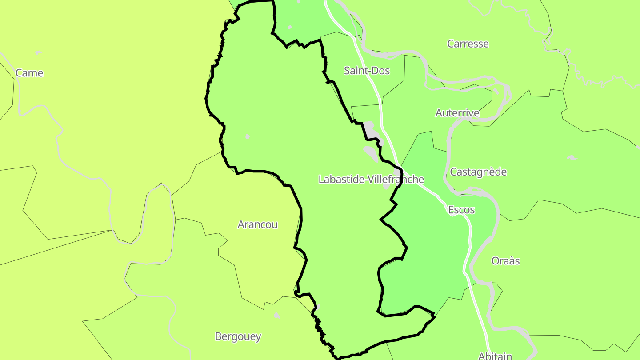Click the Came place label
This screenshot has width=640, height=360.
[x=29, y=73]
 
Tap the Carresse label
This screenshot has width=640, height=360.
[x=468, y=44]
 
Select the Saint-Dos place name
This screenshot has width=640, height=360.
[x=367, y=70]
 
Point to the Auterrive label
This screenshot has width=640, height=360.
[x=457, y=112]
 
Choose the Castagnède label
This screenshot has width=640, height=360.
[x=478, y=172]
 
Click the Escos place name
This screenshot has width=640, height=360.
[x=461, y=209]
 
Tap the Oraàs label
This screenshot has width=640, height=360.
[x=505, y=260]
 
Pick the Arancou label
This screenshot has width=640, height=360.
[x=257, y=224]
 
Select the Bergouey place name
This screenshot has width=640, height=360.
[x=238, y=336]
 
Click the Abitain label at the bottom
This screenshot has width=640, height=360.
[x=495, y=356]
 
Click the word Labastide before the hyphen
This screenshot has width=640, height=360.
[x=339, y=179]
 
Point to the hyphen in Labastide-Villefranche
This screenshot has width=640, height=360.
[x=361, y=180]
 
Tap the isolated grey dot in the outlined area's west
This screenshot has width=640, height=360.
[x=248, y=136]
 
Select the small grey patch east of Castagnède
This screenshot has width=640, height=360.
[x=572, y=157]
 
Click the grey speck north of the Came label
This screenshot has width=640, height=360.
[x=38, y=52]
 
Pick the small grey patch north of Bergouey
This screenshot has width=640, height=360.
[x=277, y=315]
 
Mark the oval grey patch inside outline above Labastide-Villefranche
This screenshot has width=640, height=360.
[x=370, y=153]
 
